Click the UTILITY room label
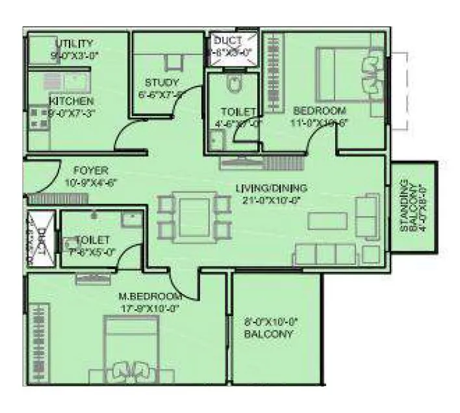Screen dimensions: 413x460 [x=75, y=44]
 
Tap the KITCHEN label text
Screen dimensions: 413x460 [x=72, y=101]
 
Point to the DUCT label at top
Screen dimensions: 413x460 [x=228, y=41]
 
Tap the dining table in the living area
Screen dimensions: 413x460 [x=194, y=215]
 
